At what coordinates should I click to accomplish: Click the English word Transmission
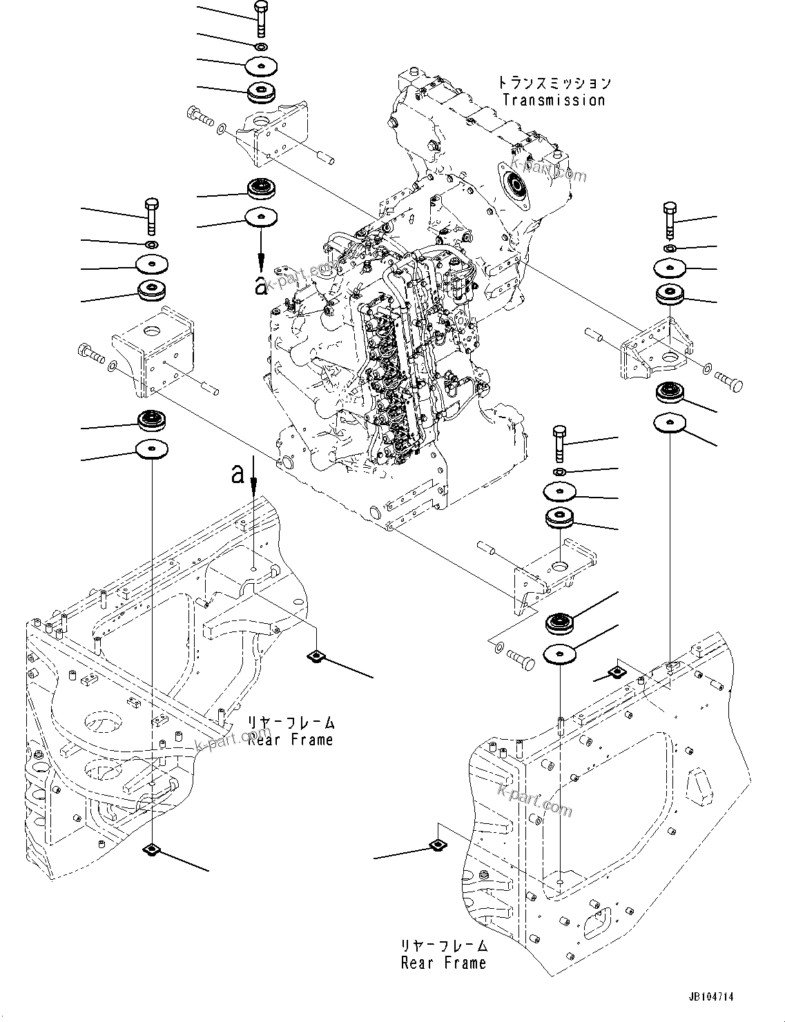click(x=553, y=100)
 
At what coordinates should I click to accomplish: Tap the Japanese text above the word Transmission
click(x=553, y=83)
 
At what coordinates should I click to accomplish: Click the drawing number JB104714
click(x=710, y=997)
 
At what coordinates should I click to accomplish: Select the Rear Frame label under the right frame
click(x=443, y=962)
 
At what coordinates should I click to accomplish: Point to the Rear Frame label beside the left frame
click(x=290, y=739)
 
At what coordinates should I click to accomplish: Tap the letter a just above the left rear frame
click(x=238, y=474)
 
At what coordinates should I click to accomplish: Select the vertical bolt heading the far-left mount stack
click(x=152, y=215)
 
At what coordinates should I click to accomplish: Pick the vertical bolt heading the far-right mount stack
click(x=669, y=218)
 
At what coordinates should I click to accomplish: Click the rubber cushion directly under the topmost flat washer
click(x=262, y=92)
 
